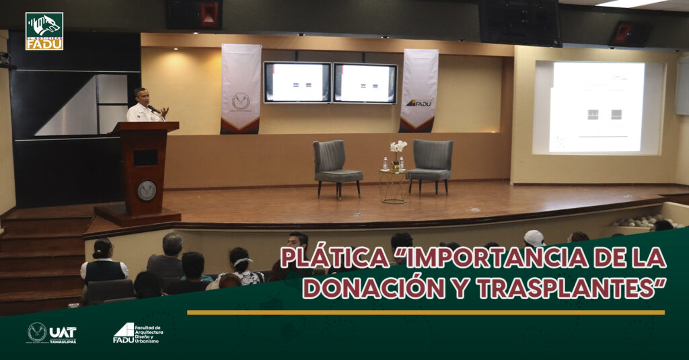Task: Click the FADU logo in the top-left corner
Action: click(44, 31)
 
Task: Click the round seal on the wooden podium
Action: click(147, 190)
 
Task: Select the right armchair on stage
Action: click(431, 164)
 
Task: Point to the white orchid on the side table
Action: click(398, 148)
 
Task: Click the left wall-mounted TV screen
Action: click(297, 82)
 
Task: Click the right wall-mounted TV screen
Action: click(365, 83)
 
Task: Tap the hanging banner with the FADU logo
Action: click(419, 89)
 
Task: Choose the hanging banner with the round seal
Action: click(241, 88)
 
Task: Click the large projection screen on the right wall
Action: click(597, 108)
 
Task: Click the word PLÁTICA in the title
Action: click(334, 257)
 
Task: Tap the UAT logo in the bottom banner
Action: click(52, 332)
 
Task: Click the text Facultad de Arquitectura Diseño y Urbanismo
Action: click(149, 333)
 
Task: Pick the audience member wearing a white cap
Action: click(535, 238)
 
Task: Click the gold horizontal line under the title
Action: click(425, 312)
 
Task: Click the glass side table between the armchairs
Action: click(393, 186)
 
